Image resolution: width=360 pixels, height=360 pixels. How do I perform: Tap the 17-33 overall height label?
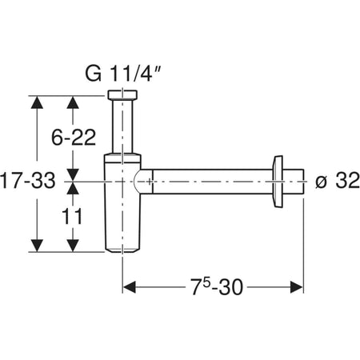coord(28,182)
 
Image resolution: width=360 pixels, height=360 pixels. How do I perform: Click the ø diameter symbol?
coord(320,182)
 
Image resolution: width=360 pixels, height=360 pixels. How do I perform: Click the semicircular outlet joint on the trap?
coord(142,182)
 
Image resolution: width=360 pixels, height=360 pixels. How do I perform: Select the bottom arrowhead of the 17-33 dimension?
coord(36,246)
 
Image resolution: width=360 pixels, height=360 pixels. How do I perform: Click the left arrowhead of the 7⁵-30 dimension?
coord(128,286)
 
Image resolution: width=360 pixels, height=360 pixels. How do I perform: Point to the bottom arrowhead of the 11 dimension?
coord(74,246)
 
